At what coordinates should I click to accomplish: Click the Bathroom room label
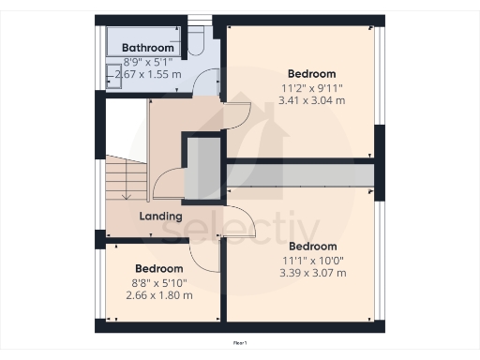coord(148,48)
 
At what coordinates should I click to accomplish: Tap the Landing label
coord(160,217)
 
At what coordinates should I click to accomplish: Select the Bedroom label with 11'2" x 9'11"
coord(311,73)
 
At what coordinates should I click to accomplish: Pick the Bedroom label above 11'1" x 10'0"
coord(312,247)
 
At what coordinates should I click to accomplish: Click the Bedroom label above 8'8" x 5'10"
coord(159,269)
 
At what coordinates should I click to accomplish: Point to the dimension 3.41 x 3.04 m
coord(311,99)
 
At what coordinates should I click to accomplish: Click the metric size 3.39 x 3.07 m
coord(312,273)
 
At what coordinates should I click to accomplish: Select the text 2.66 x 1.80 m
coord(159,295)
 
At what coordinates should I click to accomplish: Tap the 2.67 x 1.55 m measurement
coord(147,73)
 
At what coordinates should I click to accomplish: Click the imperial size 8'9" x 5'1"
coord(147,61)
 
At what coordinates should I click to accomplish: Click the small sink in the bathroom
coord(116,81)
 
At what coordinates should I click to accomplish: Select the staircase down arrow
coord(125,187)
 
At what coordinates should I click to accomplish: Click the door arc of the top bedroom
coord(236,116)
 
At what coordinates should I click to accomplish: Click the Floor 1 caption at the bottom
coord(240,344)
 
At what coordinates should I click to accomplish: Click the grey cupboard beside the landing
coord(202,169)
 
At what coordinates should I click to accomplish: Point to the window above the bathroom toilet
coord(200,19)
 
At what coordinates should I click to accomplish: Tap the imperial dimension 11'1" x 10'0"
coord(312,260)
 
